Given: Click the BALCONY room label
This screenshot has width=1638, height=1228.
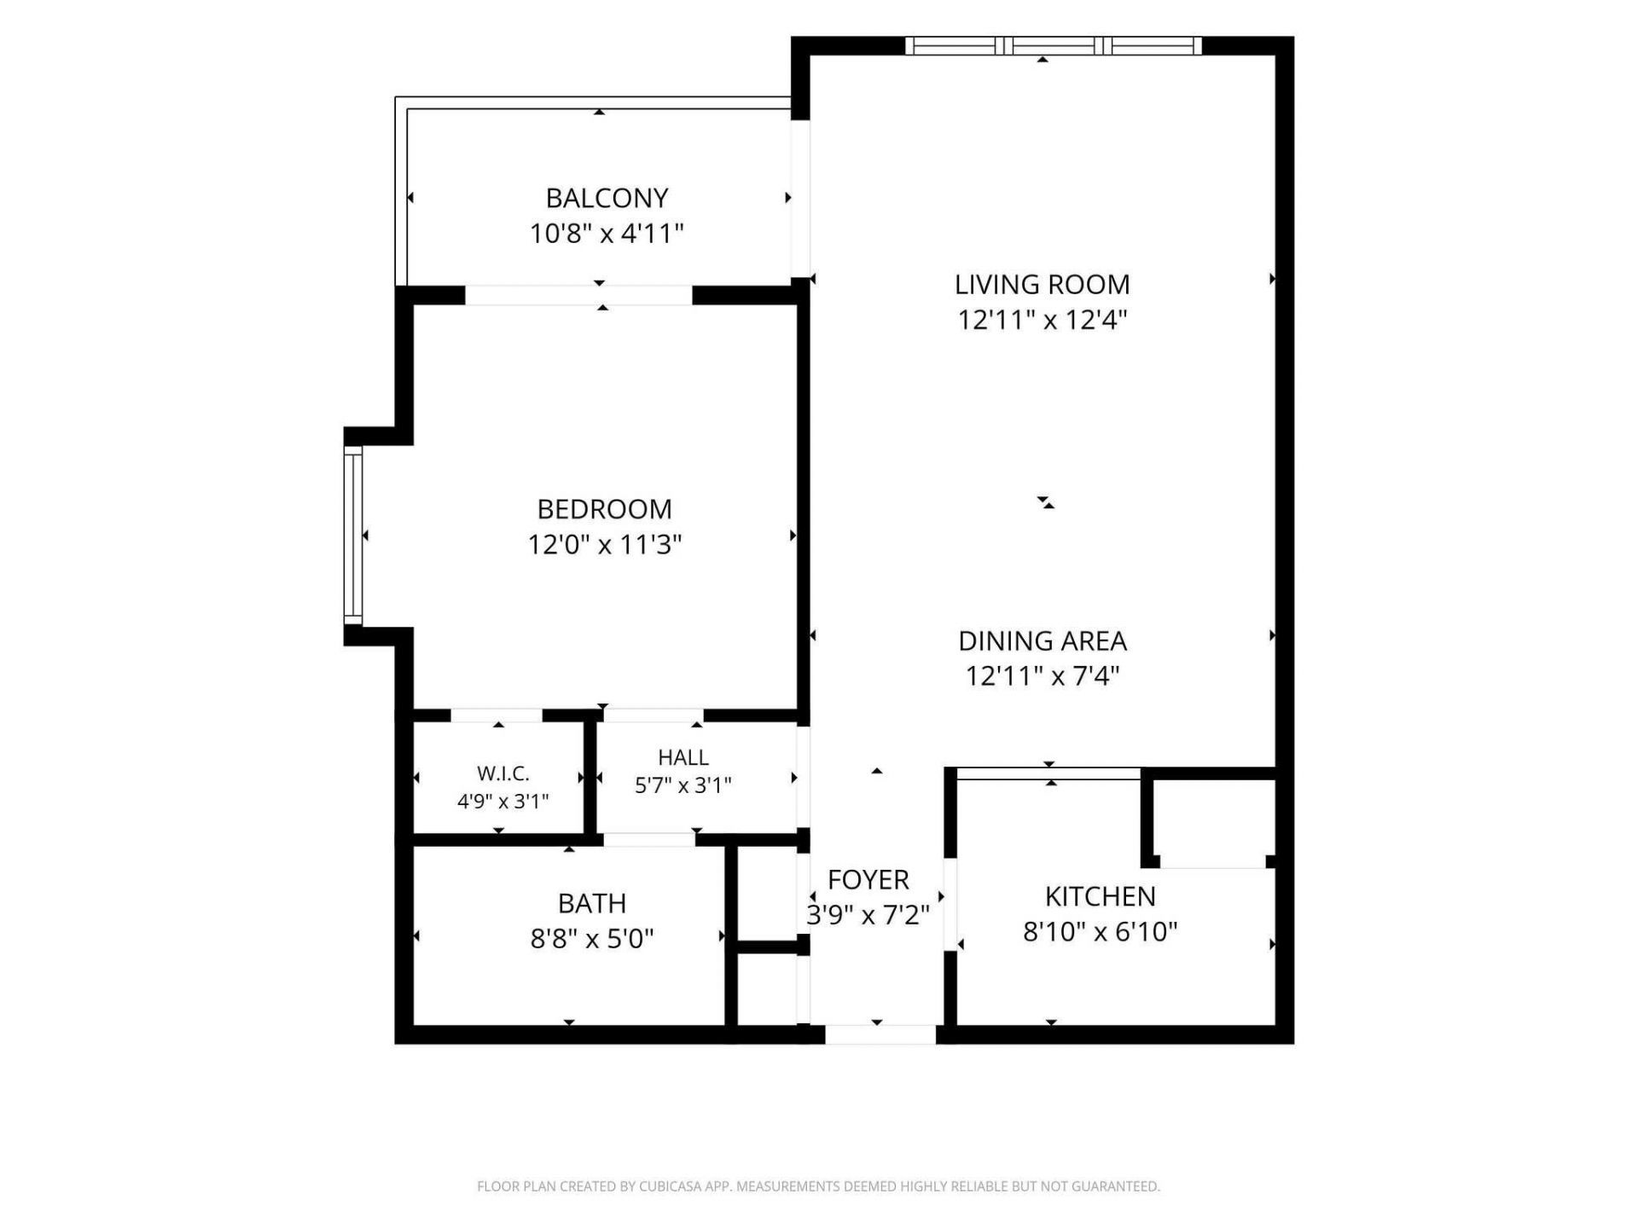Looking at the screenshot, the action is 607,198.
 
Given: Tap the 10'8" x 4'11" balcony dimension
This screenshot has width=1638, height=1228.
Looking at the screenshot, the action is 607,233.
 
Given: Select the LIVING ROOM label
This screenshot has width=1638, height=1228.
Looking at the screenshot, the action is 1042,284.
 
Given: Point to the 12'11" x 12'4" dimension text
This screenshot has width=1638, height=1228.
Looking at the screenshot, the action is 1042,320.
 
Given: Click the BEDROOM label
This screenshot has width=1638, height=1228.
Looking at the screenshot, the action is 604,509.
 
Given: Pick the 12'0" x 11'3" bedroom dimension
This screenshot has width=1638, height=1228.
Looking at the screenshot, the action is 604,544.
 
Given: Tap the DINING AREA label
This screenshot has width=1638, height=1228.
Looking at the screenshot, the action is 1042,640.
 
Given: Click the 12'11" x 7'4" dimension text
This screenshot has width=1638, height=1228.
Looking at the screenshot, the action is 1042,676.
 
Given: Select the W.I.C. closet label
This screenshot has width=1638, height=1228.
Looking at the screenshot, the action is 502,773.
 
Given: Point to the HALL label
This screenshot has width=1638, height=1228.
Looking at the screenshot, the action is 682,757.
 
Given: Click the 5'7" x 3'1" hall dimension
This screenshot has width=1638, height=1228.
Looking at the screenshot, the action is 682,785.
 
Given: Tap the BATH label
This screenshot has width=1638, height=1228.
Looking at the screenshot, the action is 591,903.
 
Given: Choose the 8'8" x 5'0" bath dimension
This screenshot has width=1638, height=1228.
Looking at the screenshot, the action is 591,939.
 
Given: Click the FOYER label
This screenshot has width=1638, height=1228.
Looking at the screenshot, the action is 868,879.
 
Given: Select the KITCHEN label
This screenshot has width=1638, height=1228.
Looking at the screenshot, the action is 1100,896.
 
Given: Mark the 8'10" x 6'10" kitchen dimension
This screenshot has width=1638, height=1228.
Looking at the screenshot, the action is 1100,931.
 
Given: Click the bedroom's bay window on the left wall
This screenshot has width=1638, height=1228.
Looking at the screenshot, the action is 352,536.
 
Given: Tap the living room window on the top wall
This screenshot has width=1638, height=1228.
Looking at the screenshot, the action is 1053,46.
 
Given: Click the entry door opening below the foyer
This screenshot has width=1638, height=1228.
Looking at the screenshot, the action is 880,1034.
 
